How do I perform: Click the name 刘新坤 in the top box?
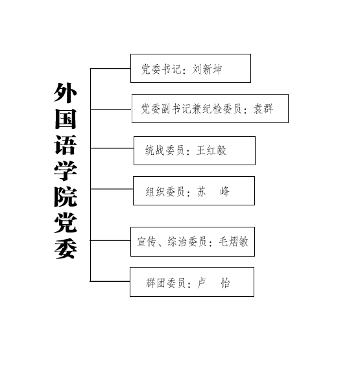point(207,69)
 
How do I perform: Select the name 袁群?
point(263,109)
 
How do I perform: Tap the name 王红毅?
point(211,150)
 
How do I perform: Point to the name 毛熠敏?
point(234,242)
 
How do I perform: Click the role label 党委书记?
point(162,69)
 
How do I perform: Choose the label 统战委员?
point(165,150)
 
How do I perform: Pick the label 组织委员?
point(165,192)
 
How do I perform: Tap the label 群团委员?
point(165,283)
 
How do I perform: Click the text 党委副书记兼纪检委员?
point(191,109)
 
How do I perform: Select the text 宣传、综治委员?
point(172,242)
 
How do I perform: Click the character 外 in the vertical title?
point(66,93)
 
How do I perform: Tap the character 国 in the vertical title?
point(66,119)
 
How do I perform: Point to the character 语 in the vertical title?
point(66,145)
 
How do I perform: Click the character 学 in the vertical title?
point(66,171)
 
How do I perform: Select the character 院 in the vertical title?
point(66,197)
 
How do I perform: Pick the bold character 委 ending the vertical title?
point(66,249)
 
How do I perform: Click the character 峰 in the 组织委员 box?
point(224,192)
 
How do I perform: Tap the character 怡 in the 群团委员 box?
point(225,283)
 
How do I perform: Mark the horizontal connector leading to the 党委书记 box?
point(110,68)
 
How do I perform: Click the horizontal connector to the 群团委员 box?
point(110,281)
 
